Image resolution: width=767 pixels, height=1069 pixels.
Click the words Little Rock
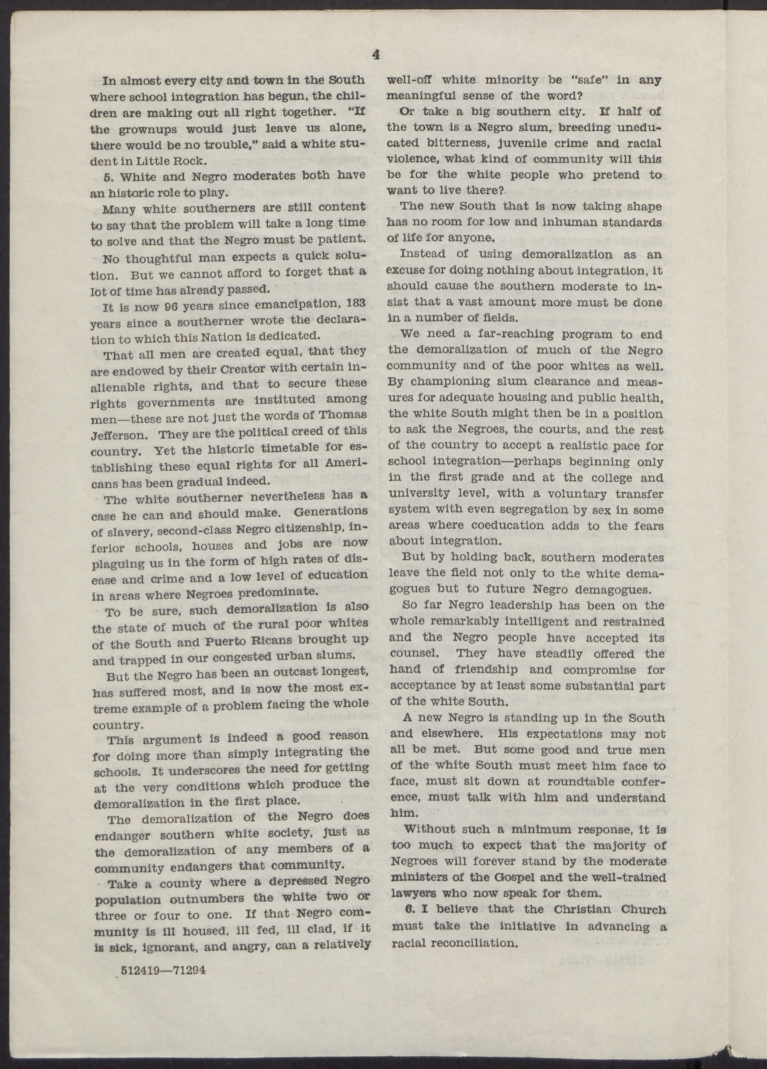182,160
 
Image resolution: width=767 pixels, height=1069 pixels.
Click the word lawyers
413,893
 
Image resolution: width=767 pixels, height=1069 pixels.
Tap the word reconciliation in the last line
472,943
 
